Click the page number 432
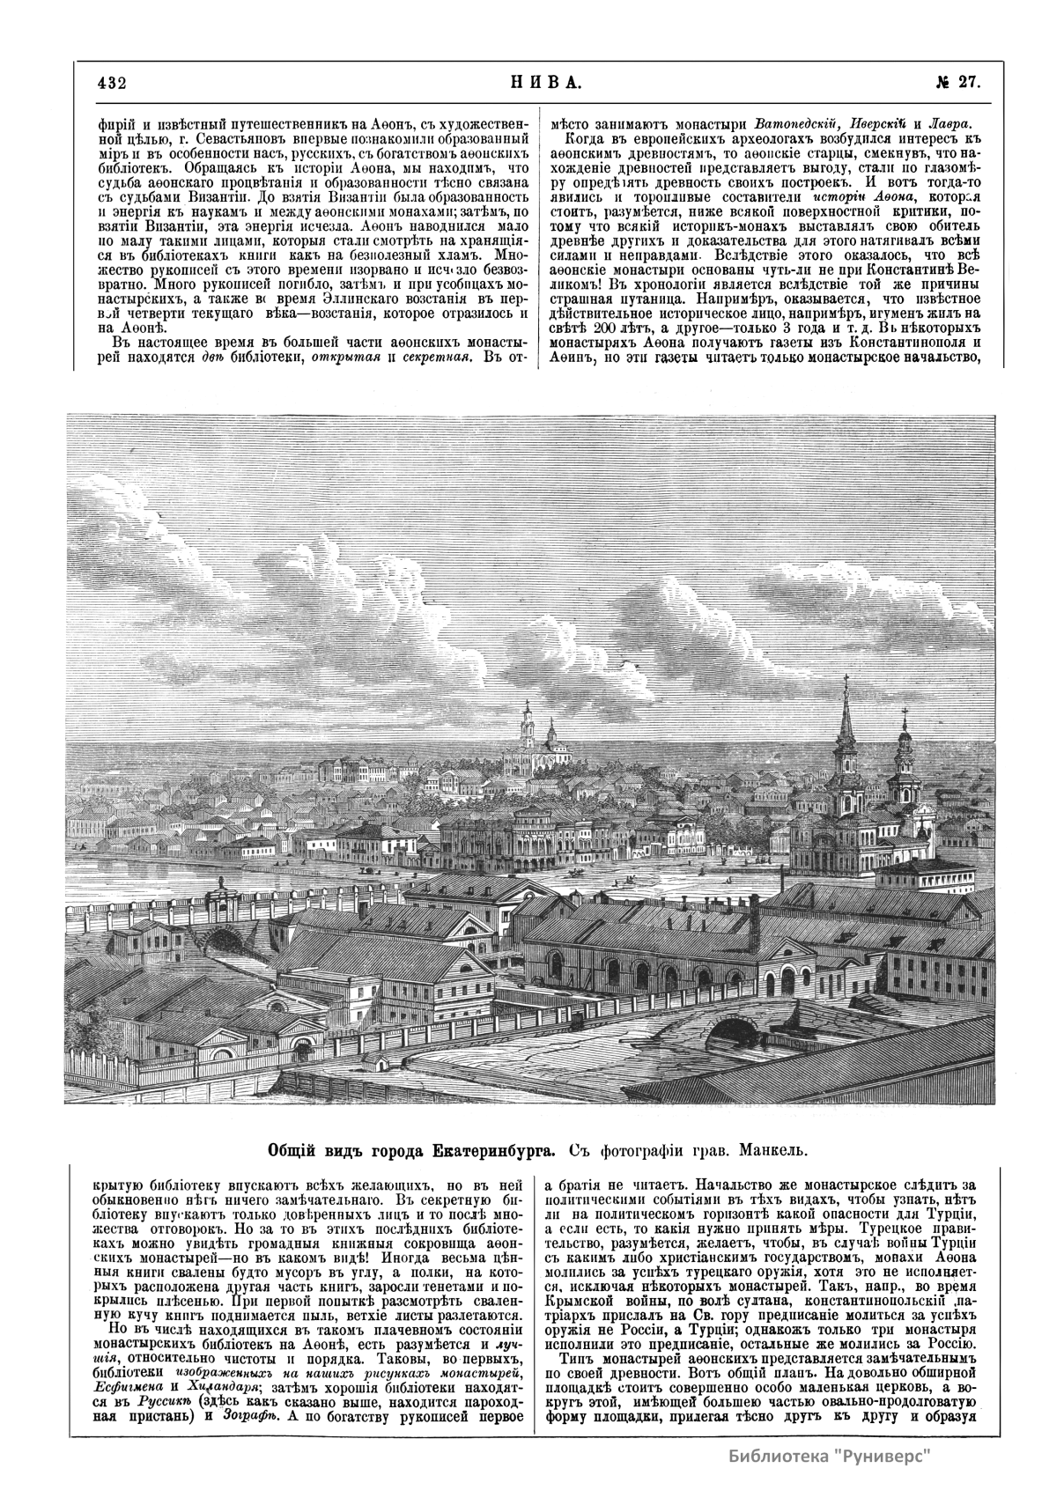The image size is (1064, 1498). point(114,84)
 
